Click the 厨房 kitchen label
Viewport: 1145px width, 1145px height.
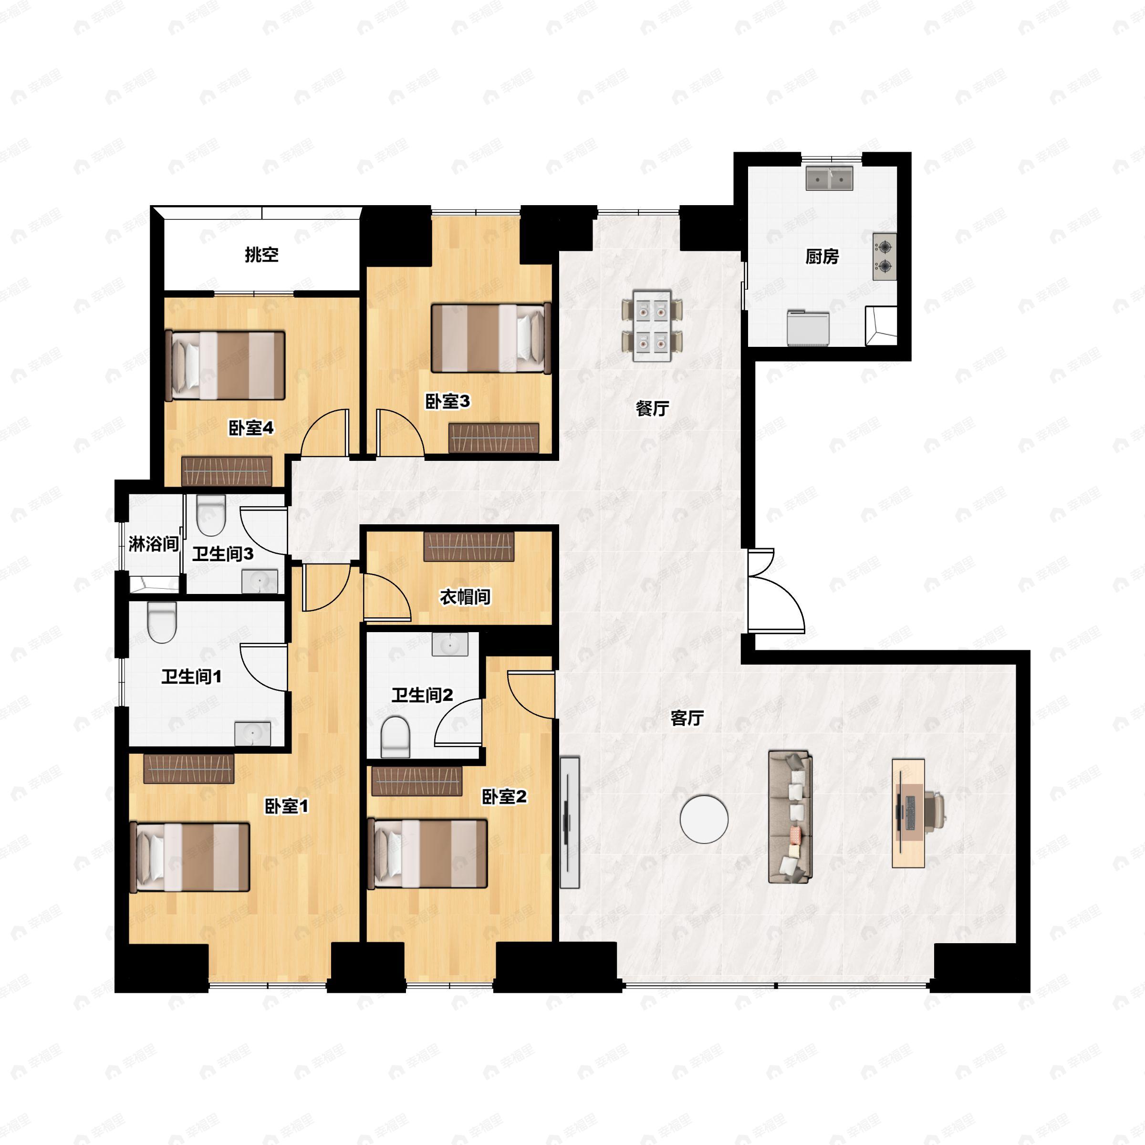coord(822,257)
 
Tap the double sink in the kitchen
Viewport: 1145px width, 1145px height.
coord(829,178)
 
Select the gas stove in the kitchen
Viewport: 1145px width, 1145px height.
coord(884,256)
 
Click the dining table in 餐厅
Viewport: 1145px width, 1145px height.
coord(652,325)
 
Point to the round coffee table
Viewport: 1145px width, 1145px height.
coord(704,819)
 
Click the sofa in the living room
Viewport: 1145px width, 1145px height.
coord(790,817)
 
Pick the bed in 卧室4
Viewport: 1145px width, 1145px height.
coord(228,365)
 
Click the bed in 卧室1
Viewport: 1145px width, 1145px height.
coord(190,856)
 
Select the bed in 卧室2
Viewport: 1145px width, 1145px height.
coord(427,854)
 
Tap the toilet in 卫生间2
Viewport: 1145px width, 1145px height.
coord(396,737)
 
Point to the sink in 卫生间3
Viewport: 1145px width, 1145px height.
coord(259,582)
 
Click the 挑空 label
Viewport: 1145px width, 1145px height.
coord(261,255)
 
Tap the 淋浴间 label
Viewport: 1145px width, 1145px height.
coord(154,543)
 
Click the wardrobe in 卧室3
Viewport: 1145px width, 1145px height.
coord(494,438)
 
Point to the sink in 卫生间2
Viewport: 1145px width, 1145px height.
coord(450,644)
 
